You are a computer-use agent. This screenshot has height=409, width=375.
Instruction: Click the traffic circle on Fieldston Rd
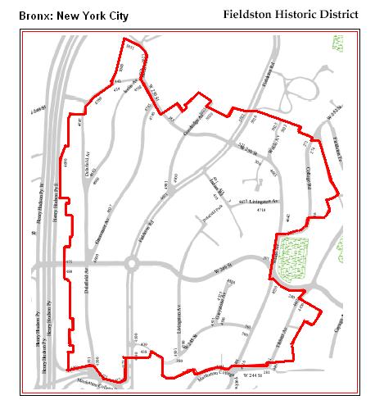[130, 264]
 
